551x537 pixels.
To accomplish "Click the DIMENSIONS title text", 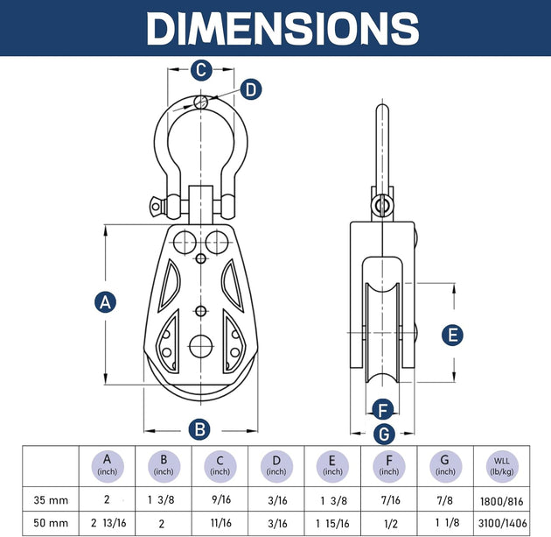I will [x=275, y=28].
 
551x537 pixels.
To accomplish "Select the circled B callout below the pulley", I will [x=200, y=428].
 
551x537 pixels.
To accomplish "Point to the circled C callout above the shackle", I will [x=200, y=69].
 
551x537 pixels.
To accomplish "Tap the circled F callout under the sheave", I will [x=382, y=408].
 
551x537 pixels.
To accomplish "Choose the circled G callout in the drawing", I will [x=382, y=433].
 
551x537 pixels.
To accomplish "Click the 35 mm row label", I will [x=49, y=500].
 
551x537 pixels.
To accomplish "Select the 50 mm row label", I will [x=49, y=524].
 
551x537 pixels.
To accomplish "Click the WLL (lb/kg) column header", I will [x=501, y=465].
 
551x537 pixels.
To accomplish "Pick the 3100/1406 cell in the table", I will [x=501, y=524].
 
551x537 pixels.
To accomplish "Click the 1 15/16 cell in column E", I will [x=332, y=524].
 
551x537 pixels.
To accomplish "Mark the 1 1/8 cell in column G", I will [x=445, y=524].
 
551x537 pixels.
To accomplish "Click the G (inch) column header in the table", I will [x=445, y=465].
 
